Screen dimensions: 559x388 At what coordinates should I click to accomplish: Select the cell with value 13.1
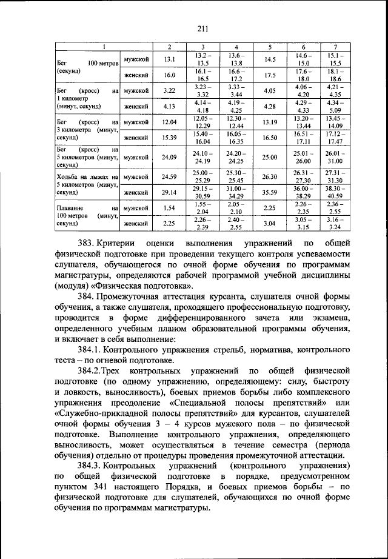click(x=169, y=59)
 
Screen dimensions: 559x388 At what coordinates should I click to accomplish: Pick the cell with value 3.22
click(x=169, y=90)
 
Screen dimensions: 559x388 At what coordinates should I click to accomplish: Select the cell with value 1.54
click(x=169, y=209)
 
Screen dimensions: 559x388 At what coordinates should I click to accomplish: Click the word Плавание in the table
click(x=69, y=209)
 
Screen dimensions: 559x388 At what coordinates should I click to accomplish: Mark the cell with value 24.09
click(x=169, y=157)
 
